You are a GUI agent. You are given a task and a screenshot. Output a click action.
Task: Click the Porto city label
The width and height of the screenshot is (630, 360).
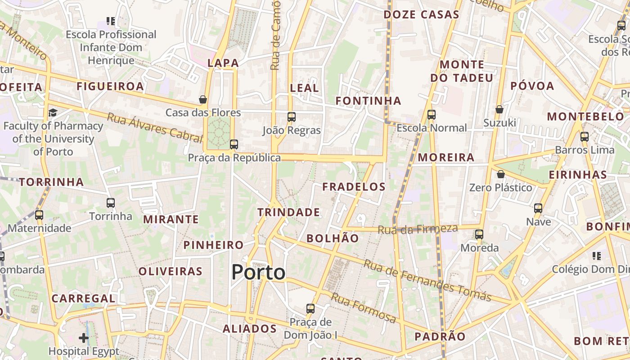coord(258,272)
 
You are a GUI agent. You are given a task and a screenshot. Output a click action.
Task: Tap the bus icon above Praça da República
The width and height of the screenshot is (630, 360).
coord(234,144)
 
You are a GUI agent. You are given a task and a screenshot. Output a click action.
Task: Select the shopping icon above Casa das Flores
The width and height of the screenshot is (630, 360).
coord(203,99)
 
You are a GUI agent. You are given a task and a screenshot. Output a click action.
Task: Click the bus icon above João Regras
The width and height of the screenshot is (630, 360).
coord(292,117)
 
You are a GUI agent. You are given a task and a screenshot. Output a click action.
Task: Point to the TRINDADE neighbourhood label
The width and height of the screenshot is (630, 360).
coord(288,212)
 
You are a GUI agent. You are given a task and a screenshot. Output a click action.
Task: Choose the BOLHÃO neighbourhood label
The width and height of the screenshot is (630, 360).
coord(333,238)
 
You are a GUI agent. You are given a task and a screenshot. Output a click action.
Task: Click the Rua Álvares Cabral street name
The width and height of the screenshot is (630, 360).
coord(154,127)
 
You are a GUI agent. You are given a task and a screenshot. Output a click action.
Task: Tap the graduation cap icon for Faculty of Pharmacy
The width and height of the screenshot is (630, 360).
coord(53,112)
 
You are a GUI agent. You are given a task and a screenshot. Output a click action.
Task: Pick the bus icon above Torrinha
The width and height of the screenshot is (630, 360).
coord(111,203)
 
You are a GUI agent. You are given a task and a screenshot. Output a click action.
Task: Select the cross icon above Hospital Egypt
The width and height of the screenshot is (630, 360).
coord(84,337)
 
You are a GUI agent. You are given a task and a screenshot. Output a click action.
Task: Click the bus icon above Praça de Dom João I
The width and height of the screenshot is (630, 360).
coord(310,309)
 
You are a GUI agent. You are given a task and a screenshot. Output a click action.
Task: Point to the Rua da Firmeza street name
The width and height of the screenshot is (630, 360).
coord(418,229)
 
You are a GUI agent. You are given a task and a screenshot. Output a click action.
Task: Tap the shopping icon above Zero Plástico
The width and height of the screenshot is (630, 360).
coord(500,174)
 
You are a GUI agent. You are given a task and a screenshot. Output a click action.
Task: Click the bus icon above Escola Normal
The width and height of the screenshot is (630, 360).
coord(432,114)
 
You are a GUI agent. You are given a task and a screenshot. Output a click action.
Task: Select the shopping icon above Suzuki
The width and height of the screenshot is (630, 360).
coord(499,109)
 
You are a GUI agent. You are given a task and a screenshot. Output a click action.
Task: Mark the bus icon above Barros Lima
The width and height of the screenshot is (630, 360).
coord(585,136)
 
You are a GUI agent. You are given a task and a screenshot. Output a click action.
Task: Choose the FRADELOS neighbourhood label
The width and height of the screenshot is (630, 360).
coord(354,187)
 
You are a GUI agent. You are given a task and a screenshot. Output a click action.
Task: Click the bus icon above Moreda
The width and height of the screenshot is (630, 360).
coord(479,234)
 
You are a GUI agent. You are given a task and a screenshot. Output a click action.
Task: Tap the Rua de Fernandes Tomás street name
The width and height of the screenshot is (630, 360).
coord(427,280)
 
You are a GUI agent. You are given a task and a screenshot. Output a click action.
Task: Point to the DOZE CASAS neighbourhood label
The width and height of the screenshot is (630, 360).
coord(421,14)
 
